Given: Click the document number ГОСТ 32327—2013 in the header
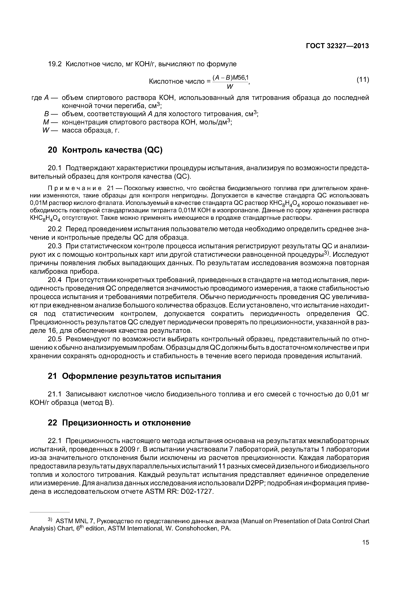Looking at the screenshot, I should [337, 46].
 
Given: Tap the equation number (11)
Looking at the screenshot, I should [362, 80].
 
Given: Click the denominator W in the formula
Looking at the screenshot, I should [230, 87].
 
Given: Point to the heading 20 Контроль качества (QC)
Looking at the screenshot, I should [105, 150].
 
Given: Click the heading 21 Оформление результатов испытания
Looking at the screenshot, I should [134, 376].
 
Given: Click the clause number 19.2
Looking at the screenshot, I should [55, 64].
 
